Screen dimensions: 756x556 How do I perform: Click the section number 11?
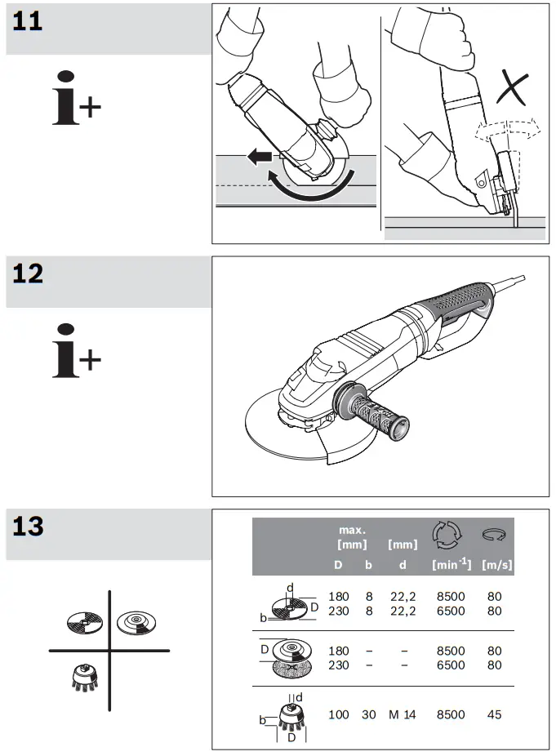tap(28, 20)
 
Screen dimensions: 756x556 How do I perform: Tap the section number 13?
tap(28, 526)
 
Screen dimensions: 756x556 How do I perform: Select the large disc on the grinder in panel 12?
tap(282, 433)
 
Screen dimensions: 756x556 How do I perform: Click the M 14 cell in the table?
tap(402, 714)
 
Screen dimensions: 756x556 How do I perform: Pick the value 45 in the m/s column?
tap(494, 714)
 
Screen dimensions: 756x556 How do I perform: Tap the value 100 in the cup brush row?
tap(338, 714)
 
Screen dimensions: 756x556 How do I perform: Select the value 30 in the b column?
tap(369, 714)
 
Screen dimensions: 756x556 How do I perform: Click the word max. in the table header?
tap(353, 530)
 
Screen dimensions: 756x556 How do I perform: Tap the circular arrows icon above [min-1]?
tap(447, 534)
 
